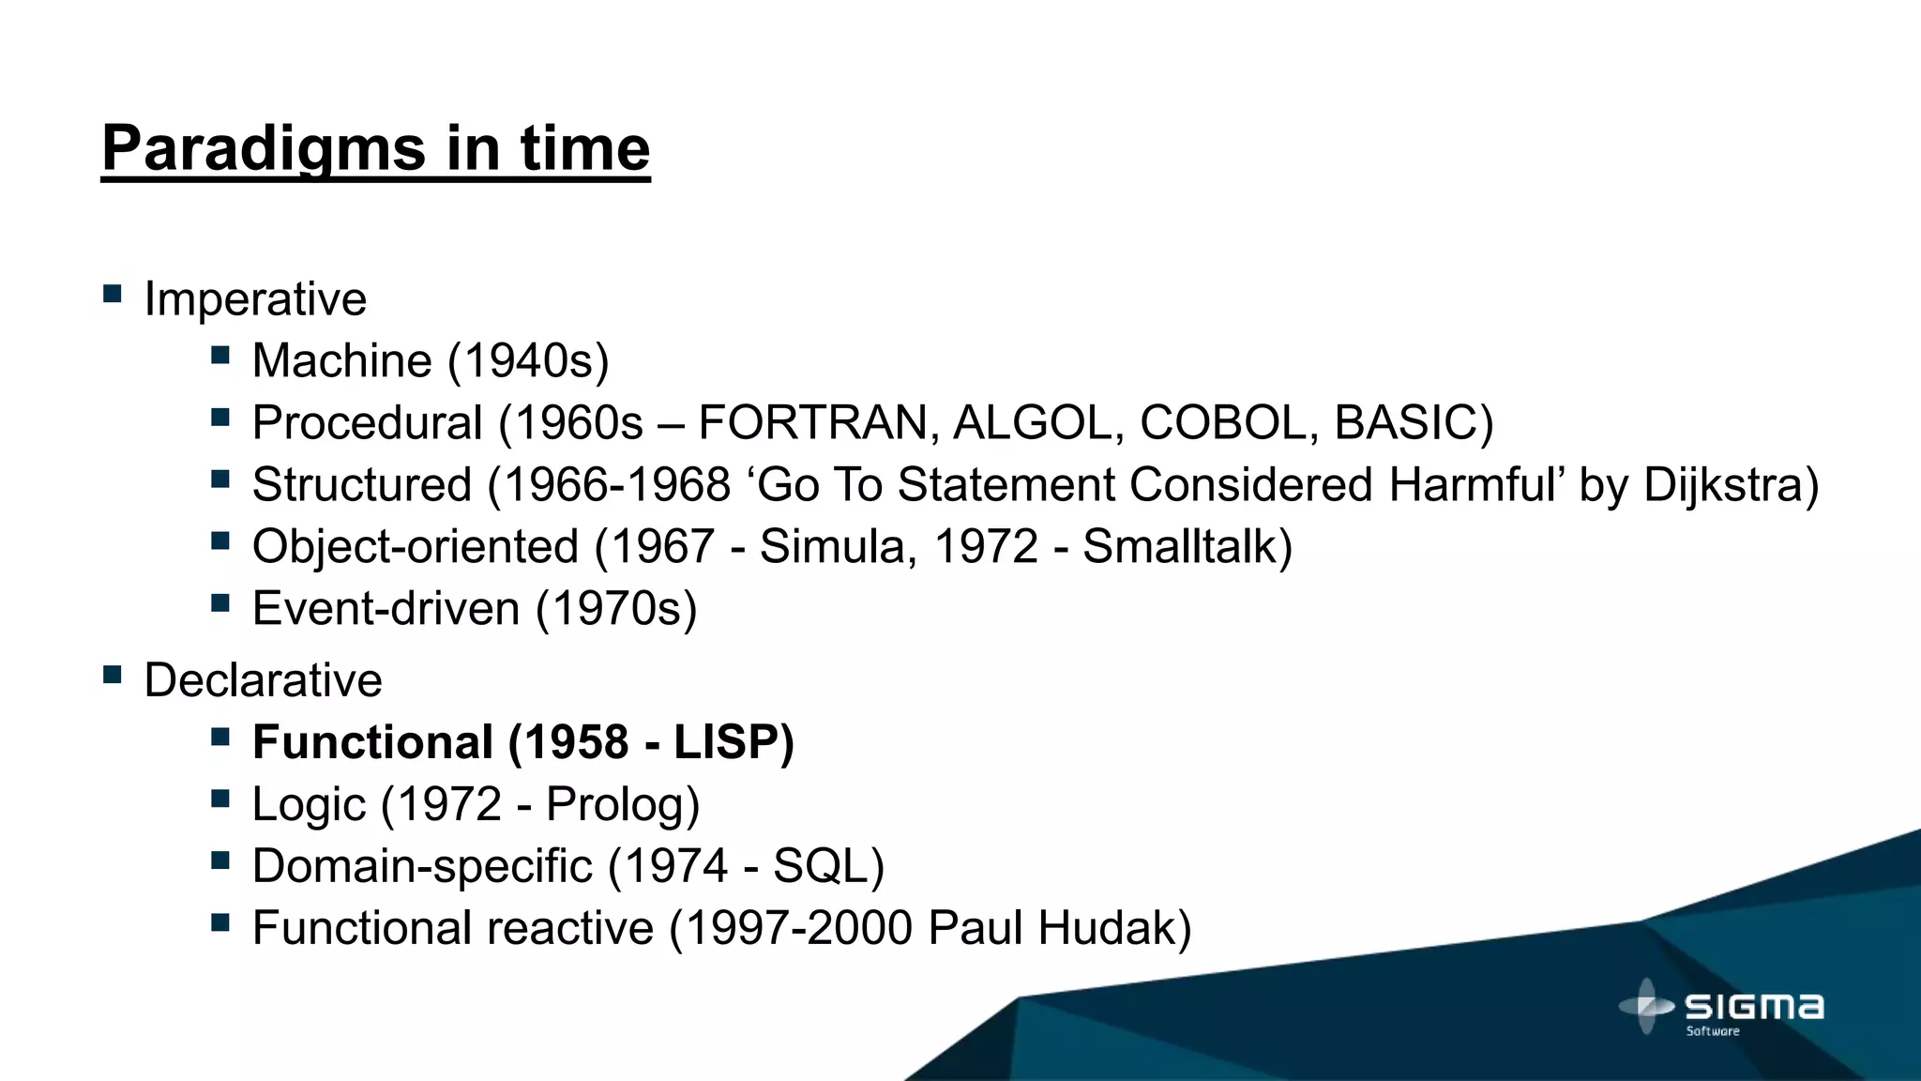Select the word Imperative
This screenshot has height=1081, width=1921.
coord(255,300)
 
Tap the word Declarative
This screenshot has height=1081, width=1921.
coord(263,680)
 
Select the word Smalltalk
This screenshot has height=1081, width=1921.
coord(1179,547)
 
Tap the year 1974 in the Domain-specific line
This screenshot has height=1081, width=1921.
coord(675,866)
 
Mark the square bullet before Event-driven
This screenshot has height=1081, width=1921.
coord(220,603)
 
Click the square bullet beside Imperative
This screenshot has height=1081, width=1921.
coord(113,295)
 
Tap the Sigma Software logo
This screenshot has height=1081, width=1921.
coord(1722,1008)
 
